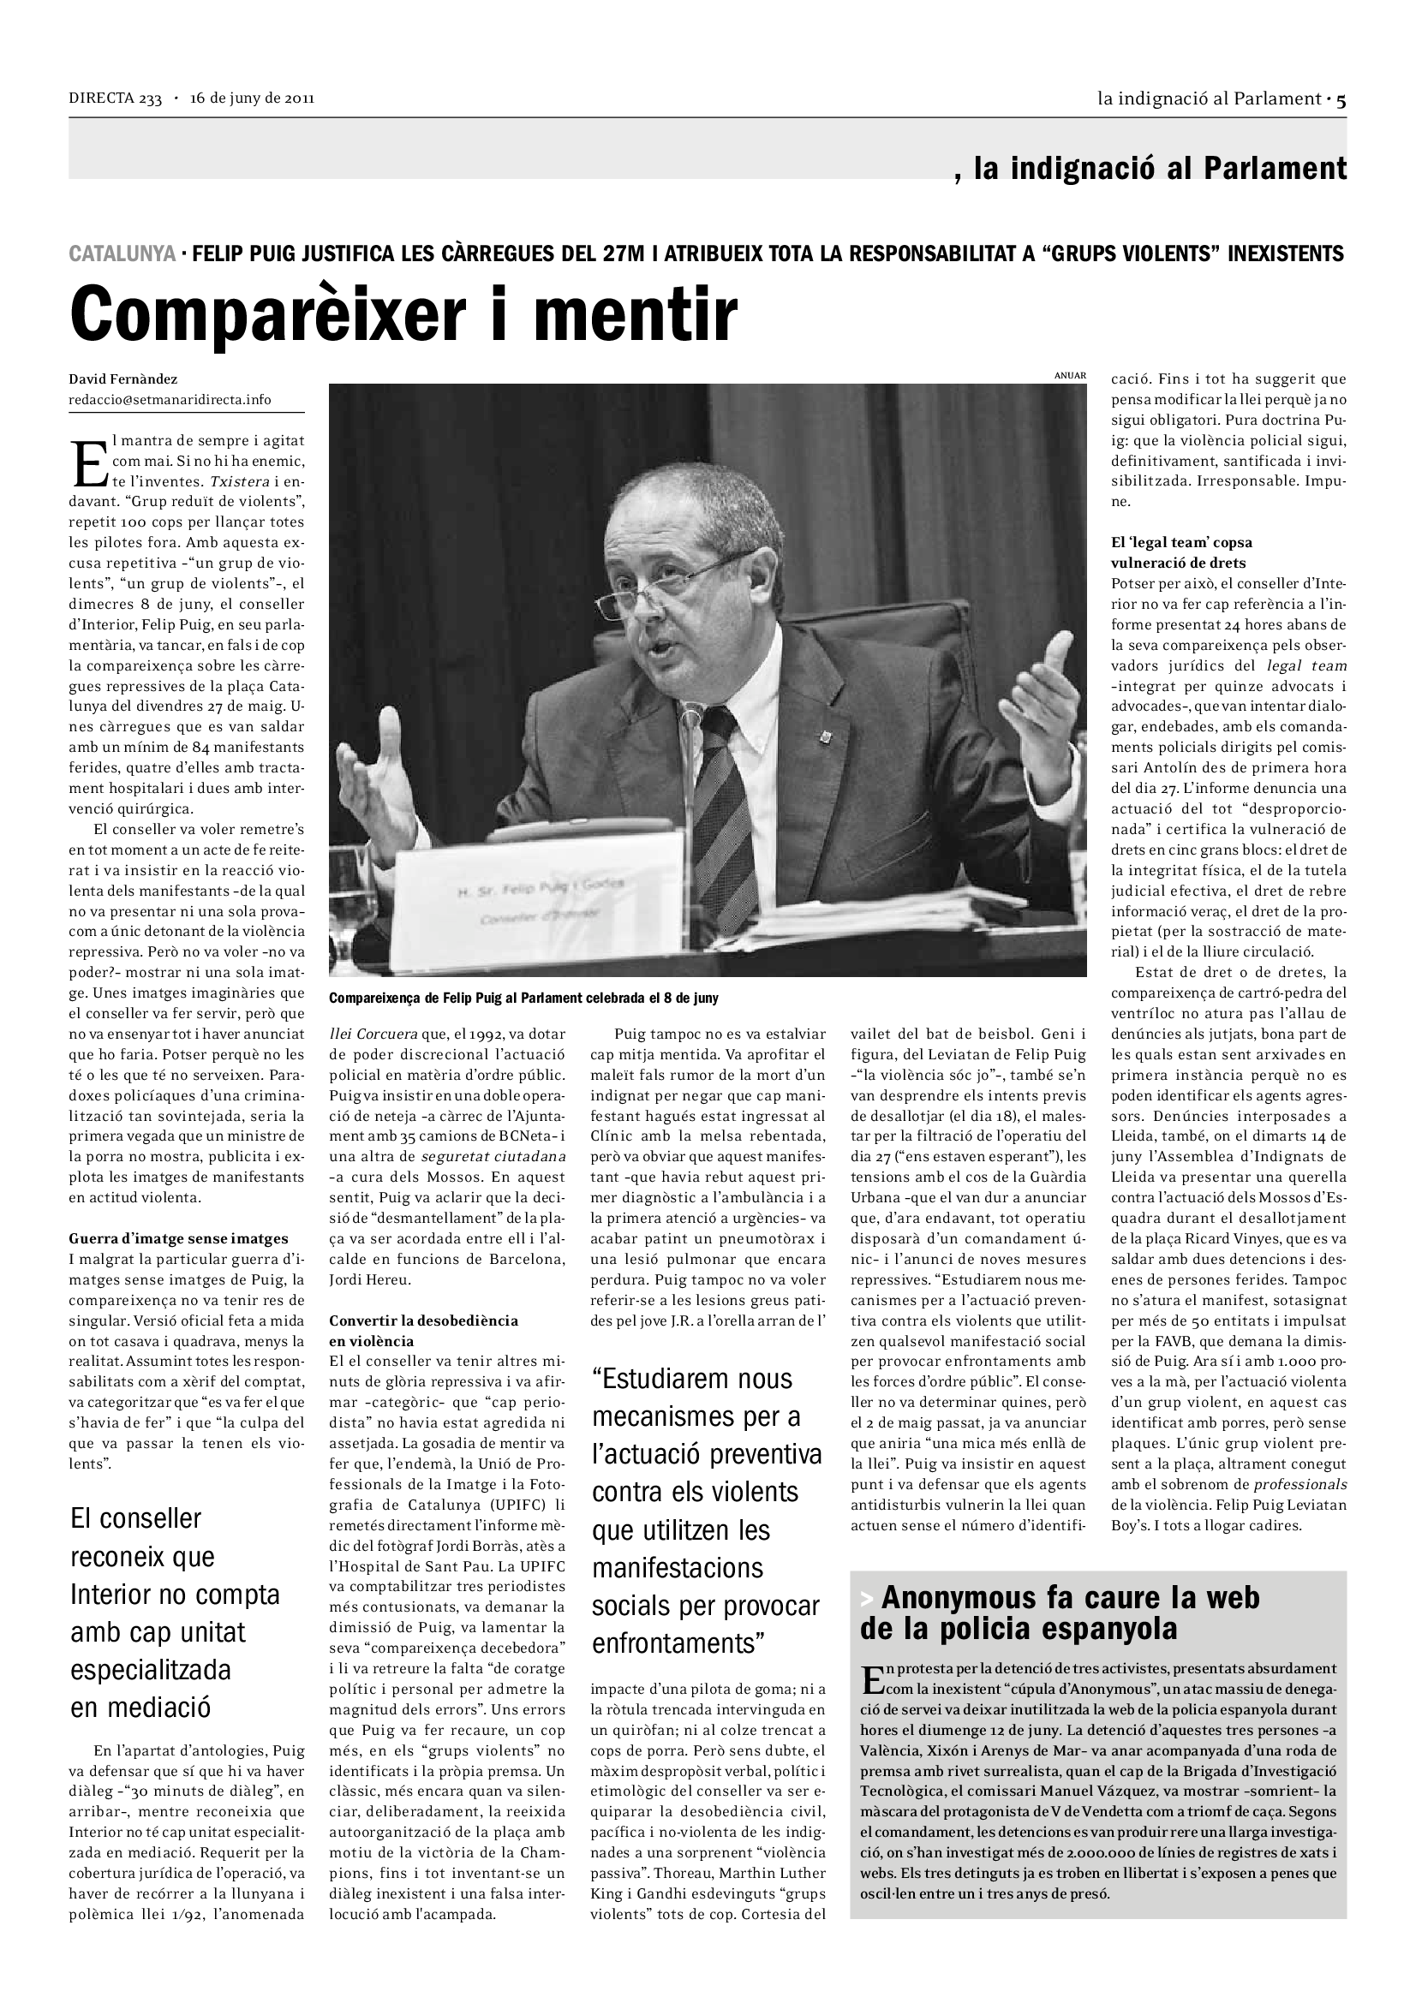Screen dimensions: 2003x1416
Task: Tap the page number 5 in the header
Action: point(1341,99)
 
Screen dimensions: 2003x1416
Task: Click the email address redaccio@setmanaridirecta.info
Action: point(170,400)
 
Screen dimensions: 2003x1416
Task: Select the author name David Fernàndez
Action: point(123,379)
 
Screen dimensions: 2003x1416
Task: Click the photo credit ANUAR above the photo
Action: point(1070,376)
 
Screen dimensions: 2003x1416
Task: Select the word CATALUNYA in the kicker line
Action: point(122,254)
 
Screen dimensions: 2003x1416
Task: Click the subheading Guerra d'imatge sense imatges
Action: point(178,1239)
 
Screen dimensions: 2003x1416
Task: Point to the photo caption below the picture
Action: point(523,998)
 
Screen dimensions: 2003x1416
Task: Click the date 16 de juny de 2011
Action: point(252,98)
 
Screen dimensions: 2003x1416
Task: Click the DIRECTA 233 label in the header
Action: point(115,98)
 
